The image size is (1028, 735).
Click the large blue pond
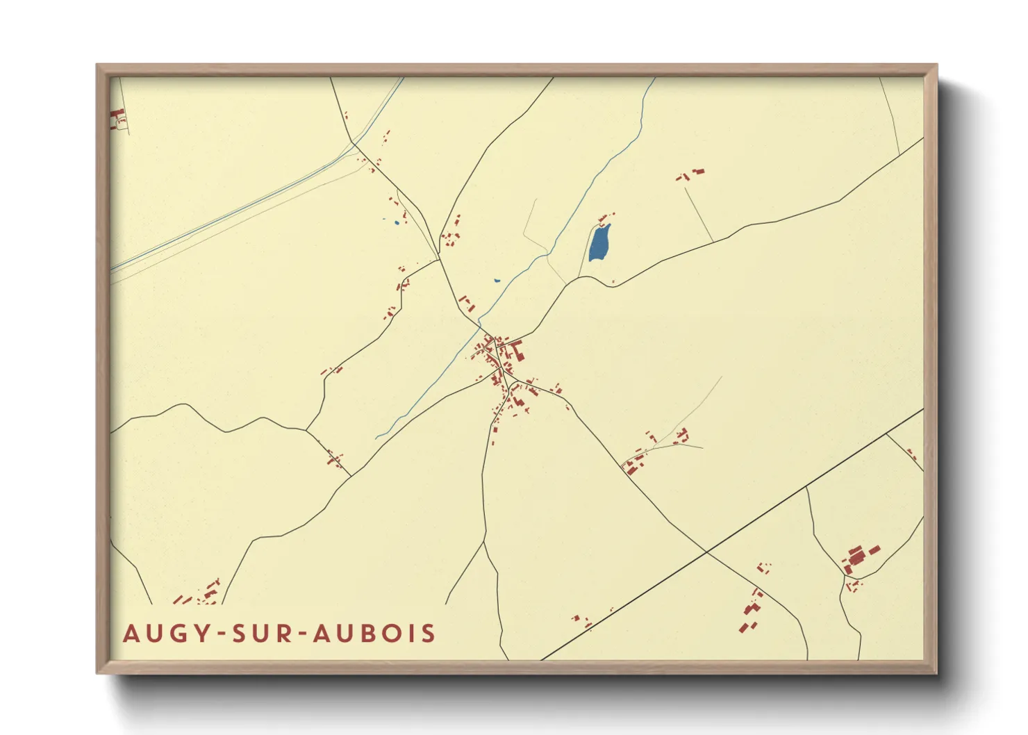click(x=599, y=243)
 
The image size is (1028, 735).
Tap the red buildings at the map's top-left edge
click(x=117, y=119)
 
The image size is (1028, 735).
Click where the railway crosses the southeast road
click(x=706, y=552)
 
